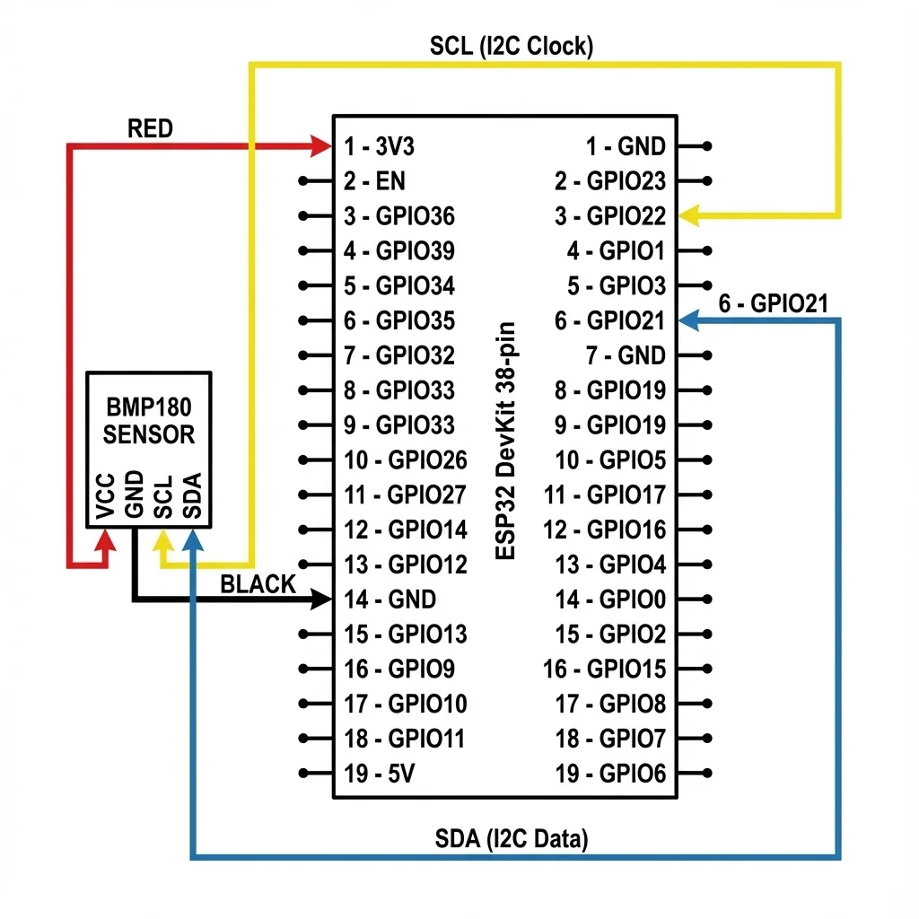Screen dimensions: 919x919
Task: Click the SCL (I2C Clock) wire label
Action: [511, 46]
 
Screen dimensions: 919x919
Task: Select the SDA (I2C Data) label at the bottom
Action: [512, 840]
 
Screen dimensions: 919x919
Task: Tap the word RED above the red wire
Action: [150, 128]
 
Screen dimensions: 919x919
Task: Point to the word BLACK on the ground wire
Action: [258, 584]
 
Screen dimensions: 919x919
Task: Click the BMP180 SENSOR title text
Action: [149, 421]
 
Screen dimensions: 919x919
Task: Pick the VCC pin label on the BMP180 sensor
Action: [106, 496]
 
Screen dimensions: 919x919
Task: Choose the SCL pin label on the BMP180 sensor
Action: [163, 496]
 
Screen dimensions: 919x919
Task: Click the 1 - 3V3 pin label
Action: [379, 146]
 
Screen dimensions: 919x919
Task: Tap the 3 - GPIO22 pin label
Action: [610, 216]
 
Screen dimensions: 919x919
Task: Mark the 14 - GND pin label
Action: [389, 600]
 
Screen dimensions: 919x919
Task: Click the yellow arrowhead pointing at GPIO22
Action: [689, 216]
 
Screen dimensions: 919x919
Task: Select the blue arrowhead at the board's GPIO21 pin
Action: [689, 319]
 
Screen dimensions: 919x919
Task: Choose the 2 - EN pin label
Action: [374, 181]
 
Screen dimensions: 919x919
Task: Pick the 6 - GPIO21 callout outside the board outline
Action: [773, 303]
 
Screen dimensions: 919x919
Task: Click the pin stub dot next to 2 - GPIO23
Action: [708, 181]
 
